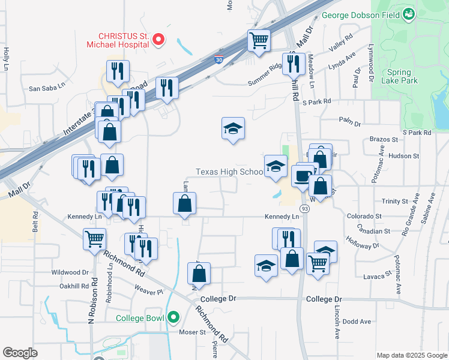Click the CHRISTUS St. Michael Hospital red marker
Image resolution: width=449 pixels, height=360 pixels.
pos(158,40)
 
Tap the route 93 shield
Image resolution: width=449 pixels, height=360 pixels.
pos(306,209)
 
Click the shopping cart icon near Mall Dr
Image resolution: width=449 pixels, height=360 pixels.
pos(259,41)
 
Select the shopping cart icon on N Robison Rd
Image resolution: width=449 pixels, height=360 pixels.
pos(95,239)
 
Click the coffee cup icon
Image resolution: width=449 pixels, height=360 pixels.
pos(302,177)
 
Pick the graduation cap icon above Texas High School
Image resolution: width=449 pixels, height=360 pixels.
pos(233,128)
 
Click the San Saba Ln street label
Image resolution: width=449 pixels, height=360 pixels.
pos(46,88)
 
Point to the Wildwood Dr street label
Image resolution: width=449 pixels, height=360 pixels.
pos(70,272)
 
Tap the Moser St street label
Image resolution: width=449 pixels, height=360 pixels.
pos(193,331)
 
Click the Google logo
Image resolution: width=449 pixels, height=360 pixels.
pos(20,353)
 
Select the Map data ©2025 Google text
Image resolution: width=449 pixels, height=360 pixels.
pos(411,355)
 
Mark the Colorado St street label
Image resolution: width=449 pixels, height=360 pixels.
pos(364,216)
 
